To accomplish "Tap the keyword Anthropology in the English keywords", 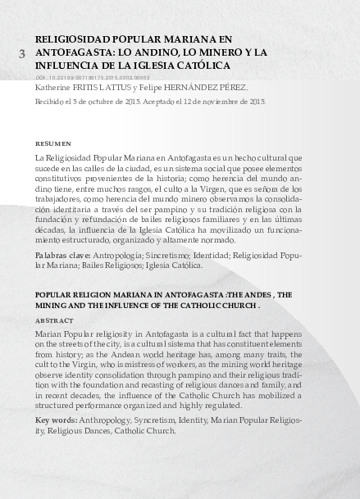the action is tap(107, 420).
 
